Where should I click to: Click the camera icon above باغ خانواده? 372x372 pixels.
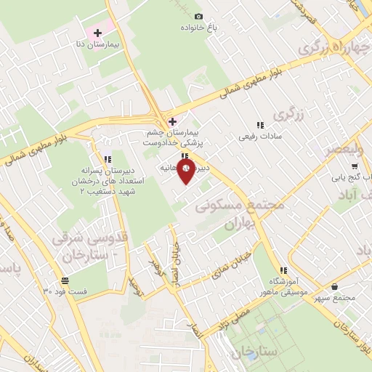[x=199, y=16]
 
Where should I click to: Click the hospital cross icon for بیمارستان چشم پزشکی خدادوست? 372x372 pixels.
[x=172, y=121]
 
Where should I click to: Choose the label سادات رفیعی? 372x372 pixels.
[x=262, y=136]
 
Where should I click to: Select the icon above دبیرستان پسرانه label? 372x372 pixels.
[x=108, y=158]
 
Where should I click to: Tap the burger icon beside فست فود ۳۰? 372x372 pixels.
[x=65, y=280]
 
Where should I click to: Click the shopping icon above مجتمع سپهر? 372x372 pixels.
[x=333, y=286]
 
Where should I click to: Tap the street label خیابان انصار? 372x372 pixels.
[x=174, y=263]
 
